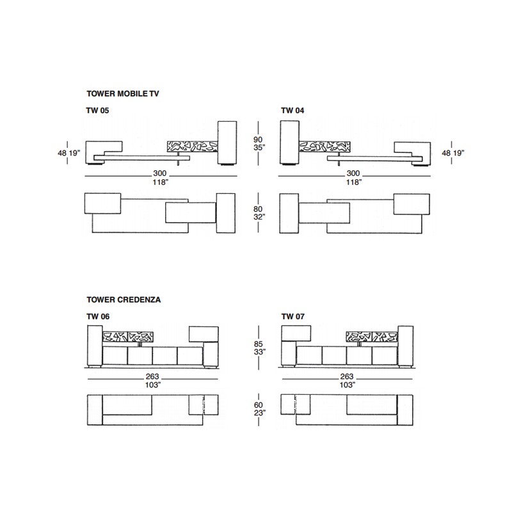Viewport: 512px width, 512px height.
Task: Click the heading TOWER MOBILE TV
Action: click(123, 93)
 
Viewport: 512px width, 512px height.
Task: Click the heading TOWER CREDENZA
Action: click(124, 300)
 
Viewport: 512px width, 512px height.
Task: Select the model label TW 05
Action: click(98, 110)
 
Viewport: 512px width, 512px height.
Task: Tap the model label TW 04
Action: click(292, 110)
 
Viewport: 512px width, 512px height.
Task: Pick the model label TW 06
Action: click(98, 316)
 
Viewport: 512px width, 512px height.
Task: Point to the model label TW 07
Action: click(293, 316)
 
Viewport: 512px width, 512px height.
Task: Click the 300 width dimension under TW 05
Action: click(159, 173)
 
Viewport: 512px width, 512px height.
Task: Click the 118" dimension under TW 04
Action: click(354, 182)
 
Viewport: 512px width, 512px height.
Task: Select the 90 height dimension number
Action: click(258, 140)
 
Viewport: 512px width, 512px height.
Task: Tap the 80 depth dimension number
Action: click(258, 209)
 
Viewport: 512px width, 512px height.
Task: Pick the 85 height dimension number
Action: click(259, 344)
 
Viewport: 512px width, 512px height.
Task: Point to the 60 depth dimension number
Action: click(259, 405)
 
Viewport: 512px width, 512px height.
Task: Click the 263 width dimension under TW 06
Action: click(152, 376)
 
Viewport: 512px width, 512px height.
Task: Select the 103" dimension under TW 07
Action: click(347, 385)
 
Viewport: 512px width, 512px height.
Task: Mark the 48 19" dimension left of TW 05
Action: click(69, 153)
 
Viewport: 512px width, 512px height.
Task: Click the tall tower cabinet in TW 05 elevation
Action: click(227, 143)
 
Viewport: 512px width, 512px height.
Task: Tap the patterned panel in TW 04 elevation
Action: click(324, 147)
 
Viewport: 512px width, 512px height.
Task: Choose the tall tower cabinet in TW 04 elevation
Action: click(290, 143)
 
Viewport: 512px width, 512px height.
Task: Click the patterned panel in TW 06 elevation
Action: click(128, 337)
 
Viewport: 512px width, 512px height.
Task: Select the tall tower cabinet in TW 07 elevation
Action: click(406, 346)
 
